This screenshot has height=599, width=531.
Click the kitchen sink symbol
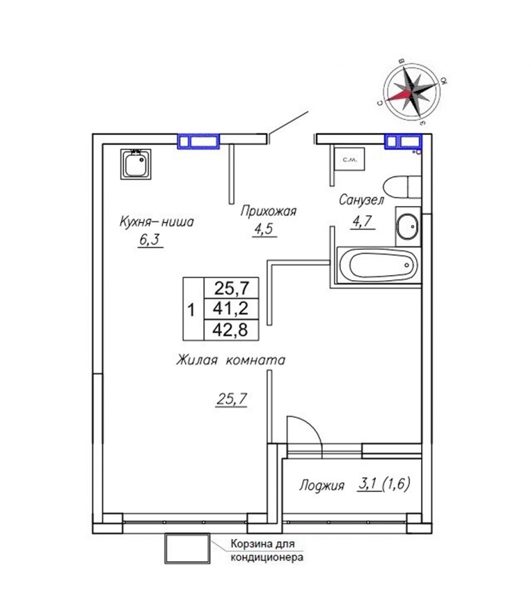[136, 164]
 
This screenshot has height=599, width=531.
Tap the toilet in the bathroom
[402, 187]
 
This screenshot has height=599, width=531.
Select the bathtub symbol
[379, 265]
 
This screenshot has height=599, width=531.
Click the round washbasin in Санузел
[407, 227]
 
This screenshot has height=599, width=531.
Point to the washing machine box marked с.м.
[349, 158]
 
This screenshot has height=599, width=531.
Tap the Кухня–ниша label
[157, 222]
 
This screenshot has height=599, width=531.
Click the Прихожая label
[268, 211]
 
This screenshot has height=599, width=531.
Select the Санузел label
[361, 201]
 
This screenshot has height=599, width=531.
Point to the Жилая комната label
[230, 360]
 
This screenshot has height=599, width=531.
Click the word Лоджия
[322, 486]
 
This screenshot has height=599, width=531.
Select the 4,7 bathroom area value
[363, 221]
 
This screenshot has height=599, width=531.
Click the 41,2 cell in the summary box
[232, 308]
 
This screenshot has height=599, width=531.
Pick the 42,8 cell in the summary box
[232, 329]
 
